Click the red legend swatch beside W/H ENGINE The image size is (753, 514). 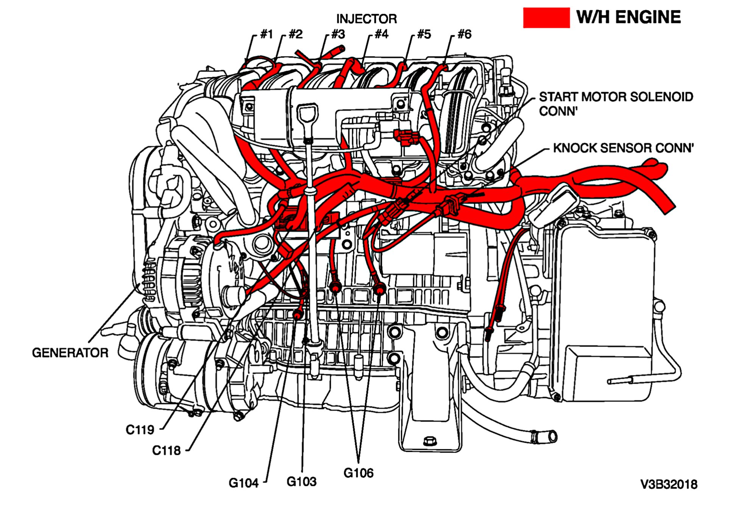click(x=546, y=18)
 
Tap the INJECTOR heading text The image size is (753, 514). click(x=366, y=19)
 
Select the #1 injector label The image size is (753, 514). click(x=267, y=34)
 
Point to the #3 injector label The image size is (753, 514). click(x=338, y=34)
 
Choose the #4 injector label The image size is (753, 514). click(x=381, y=34)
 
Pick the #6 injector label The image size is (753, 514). click(x=464, y=34)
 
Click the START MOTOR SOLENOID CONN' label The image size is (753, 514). click(x=616, y=104)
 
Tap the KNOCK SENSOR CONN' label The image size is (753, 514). click(x=623, y=148)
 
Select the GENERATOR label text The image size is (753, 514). click(x=70, y=353)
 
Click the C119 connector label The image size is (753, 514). click(x=140, y=430)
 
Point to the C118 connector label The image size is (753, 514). click(x=166, y=451)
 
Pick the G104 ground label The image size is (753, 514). click(x=243, y=483)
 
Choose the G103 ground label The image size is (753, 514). click(x=301, y=482)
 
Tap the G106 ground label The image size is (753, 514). click(x=358, y=473)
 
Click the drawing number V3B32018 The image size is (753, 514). click(x=669, y=484)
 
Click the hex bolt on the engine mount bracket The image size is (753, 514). click(x=429, y=441)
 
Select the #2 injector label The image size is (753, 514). click(x=296, y=34)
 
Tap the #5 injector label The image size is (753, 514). click(x=424, y=34)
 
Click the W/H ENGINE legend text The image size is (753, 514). click(x=628, y=17)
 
